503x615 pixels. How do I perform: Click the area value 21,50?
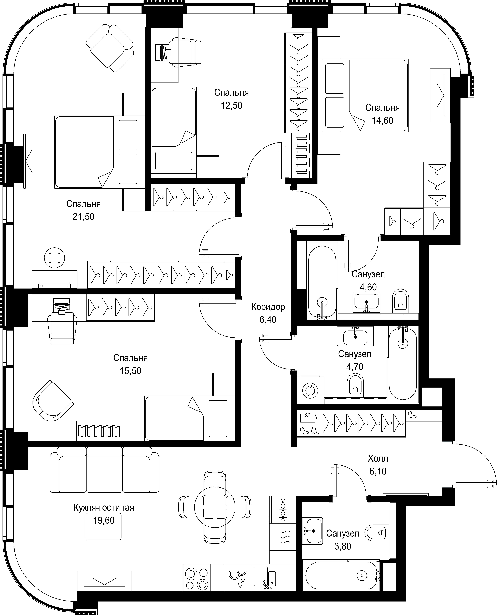click(x=83, y=217)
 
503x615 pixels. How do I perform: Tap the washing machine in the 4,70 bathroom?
click(x=310, y=390)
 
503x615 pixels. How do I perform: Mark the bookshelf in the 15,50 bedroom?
click(x=99, y=431)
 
